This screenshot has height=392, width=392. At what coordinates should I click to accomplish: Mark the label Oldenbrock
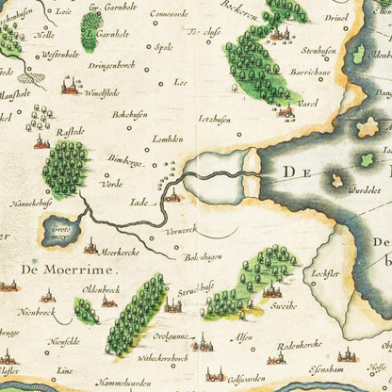click(x=102, y=290)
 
